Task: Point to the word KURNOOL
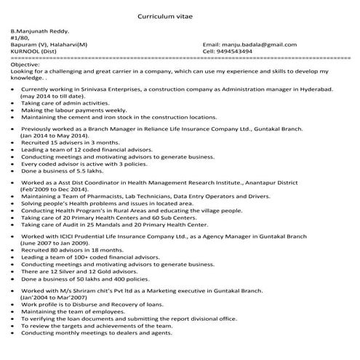click(x=26, y=52)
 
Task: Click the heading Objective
click(x=26, y=65)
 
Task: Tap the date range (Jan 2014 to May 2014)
click(x=55, y=135)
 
